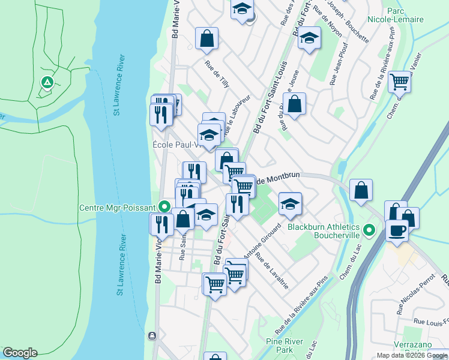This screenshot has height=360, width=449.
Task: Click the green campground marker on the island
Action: point(46,82)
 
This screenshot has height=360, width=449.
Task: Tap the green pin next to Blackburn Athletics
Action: point(370,229)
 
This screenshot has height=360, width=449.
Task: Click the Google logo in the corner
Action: point(20,353)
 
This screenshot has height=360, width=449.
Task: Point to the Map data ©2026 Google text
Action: point(412,355)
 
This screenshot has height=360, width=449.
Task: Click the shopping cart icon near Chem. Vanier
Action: point(399,81)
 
